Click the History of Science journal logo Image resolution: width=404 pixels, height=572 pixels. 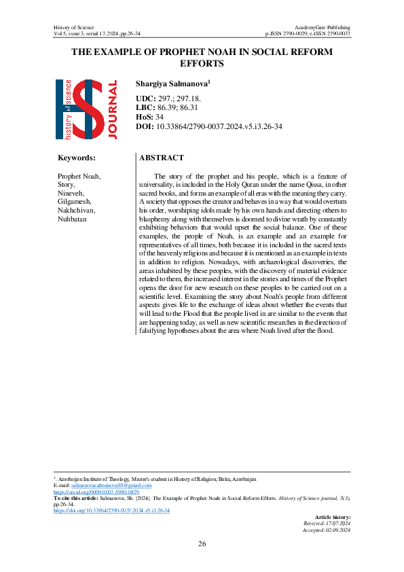[86, 109]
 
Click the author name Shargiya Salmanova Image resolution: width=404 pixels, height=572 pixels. [174, 84]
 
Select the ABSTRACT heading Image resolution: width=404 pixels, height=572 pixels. [161, 158]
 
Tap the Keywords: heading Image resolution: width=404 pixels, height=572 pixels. [77, 158]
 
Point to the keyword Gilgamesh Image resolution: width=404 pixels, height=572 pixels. [75, 202]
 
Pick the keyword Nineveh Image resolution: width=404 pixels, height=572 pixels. [72, 193]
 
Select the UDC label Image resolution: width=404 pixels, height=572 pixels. [145, 99]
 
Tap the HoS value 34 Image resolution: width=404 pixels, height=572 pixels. [160, 117]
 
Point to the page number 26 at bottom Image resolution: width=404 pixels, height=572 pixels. [202, 543]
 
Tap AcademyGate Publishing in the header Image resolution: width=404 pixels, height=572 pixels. [322, 26]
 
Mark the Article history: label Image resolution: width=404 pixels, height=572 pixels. [332, 516]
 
